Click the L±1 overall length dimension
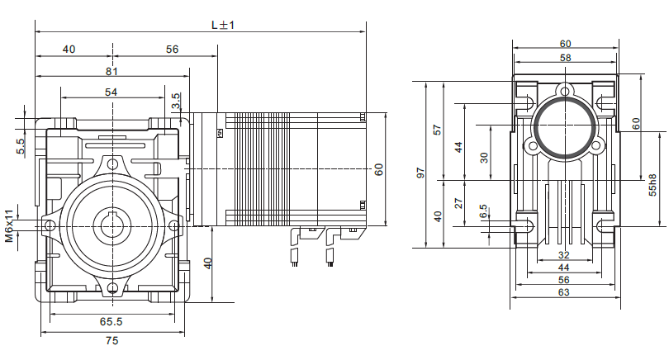click(x=223, y=25)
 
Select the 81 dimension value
click(x=111, y=71)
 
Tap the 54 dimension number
click(x=111, y=92)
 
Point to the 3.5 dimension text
click(x=175, y=102)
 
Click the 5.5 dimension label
click(x=21, y=146)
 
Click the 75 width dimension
click(x=111, y=340)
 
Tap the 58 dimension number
click(x=565, y=58)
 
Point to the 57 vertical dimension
click(x=438, y=130)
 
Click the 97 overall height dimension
click(x=420, y=173)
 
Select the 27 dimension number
click(x=459, y=203)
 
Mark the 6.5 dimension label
click(x=484, y=214)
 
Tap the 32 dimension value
click(x=565, y=255)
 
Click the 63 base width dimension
click(x=565, y=291)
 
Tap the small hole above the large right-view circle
click(x=565, y=90)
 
